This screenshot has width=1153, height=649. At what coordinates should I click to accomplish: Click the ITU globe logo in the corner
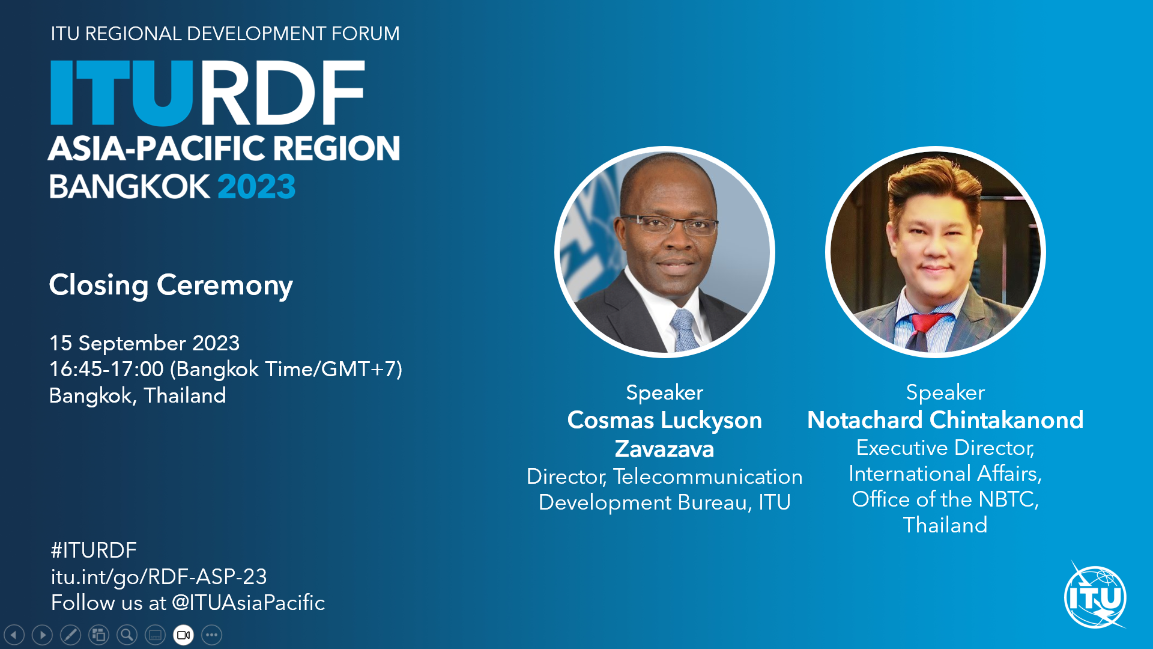(x=1095, y=596)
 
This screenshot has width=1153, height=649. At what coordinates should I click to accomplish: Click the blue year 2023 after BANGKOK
(x=256, y=186)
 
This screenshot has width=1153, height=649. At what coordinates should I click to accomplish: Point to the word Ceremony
(x=225, y=285)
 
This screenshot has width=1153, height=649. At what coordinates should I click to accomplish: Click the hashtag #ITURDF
(x=94, y=550)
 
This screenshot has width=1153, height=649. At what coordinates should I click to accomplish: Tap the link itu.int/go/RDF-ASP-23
(x=159, y=577)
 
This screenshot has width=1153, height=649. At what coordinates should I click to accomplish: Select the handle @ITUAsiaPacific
(x=248, y=603)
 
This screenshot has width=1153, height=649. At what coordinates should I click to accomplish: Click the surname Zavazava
(x=664, y=449)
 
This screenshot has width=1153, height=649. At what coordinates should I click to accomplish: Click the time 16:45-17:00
(x=106, y=369)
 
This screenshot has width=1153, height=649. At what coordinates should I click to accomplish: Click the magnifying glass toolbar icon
(x=127, y=635)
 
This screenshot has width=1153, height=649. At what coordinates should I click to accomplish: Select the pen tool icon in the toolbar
(x=70, y=635)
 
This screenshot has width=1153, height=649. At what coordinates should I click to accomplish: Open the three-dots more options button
(x=211, y=635)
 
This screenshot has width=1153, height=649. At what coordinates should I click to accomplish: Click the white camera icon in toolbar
(x=183, y=635)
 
